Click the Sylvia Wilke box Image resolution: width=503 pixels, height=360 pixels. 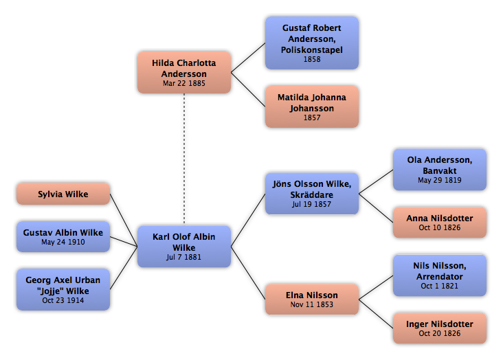tap(63, 194)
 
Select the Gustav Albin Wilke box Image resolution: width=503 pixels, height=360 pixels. tap(63, 236)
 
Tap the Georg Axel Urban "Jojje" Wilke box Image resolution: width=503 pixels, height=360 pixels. tap(63, 289)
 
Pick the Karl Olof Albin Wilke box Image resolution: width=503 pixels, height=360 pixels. tap(184, 247)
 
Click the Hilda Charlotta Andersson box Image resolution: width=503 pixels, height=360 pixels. tap(184, 73)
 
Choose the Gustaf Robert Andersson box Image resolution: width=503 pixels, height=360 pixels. tap(312, 43)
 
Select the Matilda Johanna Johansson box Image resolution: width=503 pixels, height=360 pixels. tap(312, 107)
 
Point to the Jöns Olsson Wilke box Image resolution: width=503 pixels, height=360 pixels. tap(312, 194)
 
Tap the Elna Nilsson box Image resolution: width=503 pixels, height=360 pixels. tap(312, 300)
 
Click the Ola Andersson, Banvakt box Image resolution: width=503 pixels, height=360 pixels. tap(440, 170)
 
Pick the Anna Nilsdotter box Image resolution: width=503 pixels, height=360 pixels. tap(440, 223)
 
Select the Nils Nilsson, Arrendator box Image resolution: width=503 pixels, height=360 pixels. tap(440, 275)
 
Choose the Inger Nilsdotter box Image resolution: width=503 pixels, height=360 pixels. tap(440, 328)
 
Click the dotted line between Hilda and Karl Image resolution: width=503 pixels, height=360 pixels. tap(184, 159)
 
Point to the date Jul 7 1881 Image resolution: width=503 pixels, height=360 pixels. tap(183, 257)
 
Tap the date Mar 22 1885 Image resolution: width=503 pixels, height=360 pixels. tap(183, 83)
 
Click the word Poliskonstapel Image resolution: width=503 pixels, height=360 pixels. tap(312, 49)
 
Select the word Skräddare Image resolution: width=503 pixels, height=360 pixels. tap(312, 194)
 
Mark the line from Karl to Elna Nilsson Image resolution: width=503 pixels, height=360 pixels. tap(248, 273)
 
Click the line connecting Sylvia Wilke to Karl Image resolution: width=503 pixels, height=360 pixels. tap(124, 220)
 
